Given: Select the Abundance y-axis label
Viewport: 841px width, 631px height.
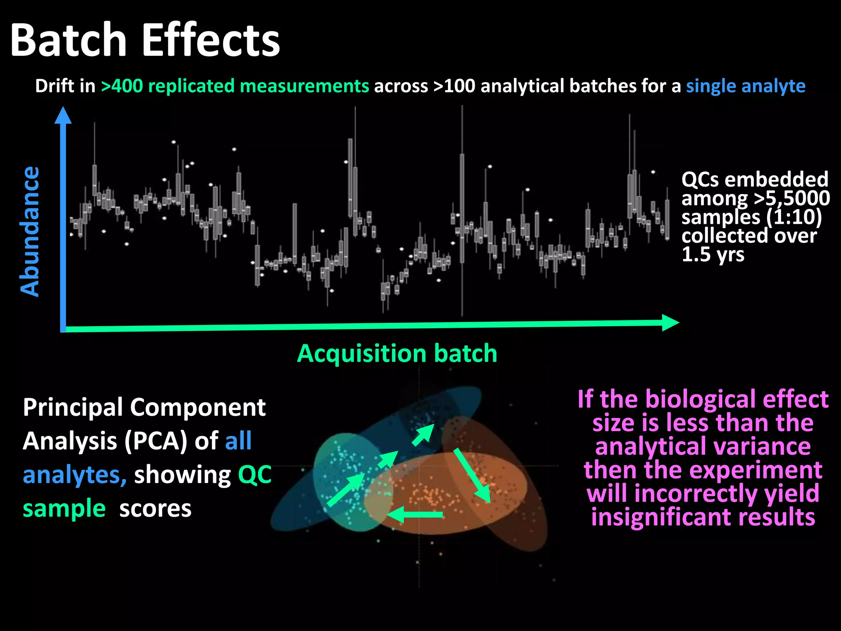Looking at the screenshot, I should click(x=30, y=231).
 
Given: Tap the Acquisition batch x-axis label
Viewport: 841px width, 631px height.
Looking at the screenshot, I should click(x=397, y=354).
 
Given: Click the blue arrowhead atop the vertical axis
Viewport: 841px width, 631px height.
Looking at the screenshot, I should click(x=63, y=115).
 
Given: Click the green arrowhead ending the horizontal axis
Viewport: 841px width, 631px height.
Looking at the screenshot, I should click(x=670, y=323).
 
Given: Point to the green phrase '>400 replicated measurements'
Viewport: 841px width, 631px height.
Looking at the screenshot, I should click(x=235, y=86).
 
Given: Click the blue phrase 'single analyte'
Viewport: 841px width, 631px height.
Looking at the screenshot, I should click(x=745, y=86).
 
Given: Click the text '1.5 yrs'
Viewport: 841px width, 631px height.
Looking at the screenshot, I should click(x=713, y=255).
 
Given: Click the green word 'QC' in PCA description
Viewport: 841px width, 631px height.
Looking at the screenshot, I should click(x=255, y=475).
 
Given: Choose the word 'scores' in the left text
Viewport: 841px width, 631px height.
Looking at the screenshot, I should click(x=155, y=509).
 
